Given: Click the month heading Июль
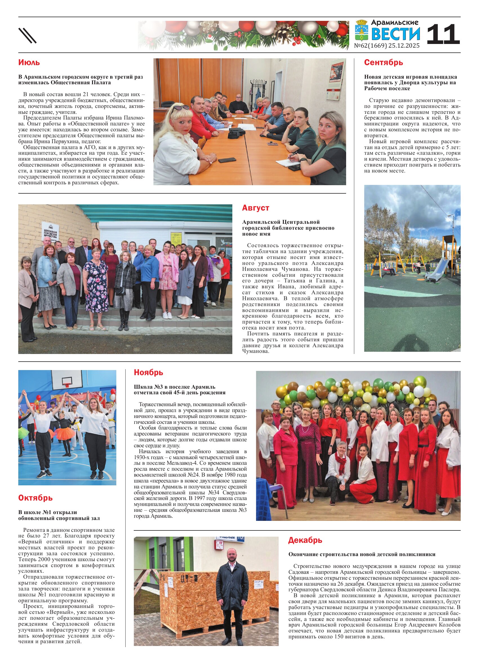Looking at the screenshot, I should pyautogui.click(x=29, y=63).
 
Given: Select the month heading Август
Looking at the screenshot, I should pyautogui.click(x=255, y=208).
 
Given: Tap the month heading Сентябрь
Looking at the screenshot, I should pyautogui.click(x=383, y=63).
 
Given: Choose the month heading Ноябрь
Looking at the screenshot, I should pyautogui.click(x=148, y=372).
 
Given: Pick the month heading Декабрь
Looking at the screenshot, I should pyautogui.click(x=305, y=540).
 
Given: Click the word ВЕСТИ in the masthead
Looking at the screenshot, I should pyautogui.click(x=396, y=34).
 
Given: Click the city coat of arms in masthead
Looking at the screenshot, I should pyautogui.click(x=362, y=30).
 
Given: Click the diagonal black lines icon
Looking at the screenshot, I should pyautogui.click(x=28, y=36).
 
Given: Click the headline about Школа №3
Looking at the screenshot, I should pyautogui.click(x=179, y=390).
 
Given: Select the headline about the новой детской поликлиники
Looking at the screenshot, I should pyautogui.click(x=362, y=554).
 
